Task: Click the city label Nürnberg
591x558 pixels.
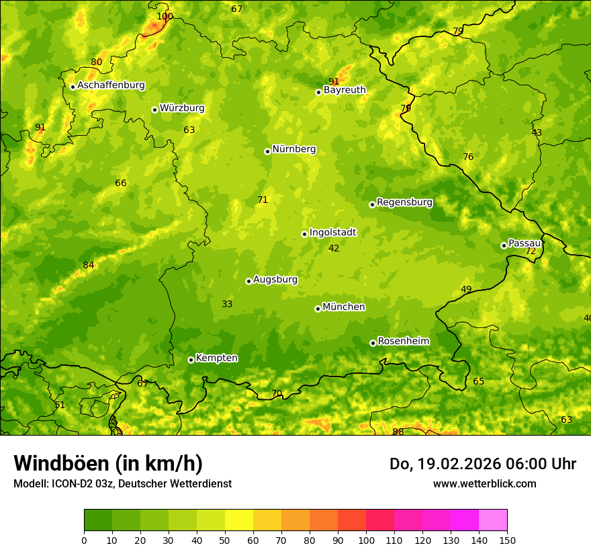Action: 293,149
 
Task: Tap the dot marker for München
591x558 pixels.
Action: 318,309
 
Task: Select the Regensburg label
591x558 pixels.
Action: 404,202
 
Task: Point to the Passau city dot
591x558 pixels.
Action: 504,245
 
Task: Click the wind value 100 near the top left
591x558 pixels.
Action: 165,16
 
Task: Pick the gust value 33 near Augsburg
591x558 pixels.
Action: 227,304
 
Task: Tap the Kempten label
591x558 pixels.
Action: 216,358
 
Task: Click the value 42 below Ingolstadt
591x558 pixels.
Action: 334,248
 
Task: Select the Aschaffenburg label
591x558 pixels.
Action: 111,85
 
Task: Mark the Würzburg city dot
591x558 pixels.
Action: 154,110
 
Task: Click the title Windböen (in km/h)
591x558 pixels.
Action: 108,463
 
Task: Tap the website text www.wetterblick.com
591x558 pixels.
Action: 484,483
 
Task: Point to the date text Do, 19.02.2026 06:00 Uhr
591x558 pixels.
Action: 482,464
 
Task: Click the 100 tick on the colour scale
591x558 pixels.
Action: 366,540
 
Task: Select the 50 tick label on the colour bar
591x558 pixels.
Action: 225,540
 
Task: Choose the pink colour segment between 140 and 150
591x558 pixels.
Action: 493,520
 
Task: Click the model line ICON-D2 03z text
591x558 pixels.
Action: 122,483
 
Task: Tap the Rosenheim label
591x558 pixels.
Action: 403,342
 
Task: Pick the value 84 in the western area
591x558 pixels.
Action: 89,265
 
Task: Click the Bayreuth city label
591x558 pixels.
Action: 345,90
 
